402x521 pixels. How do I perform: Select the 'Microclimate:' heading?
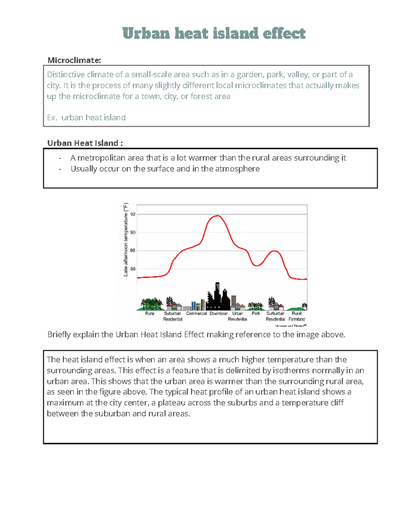[x=74, y=60]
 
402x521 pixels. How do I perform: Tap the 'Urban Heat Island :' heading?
[x=85, y=143]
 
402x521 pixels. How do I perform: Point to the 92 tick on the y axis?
[x=133, y=214]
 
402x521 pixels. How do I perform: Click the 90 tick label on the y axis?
[x=133, y=232]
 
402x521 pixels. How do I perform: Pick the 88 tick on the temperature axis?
[x=133, y=251]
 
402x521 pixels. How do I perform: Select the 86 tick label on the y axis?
[x=133, y=269]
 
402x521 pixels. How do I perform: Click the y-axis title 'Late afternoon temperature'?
[x=126, y=240]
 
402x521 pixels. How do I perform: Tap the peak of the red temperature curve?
[x=218, y=216]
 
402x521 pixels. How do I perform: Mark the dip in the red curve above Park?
[x=256, y=265]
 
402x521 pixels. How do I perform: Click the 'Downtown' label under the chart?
[x=218, y=313]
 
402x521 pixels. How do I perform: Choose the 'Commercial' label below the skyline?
[x=196, y=313]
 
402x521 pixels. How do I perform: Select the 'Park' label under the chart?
[x=256, y=313]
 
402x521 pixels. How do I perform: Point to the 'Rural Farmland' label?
[x=297, y=316]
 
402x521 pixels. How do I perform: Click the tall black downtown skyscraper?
[x=217, y=295]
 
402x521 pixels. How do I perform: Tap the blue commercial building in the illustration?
[x=194, y=305]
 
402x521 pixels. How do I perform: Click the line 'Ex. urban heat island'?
[x=86, y=117]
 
